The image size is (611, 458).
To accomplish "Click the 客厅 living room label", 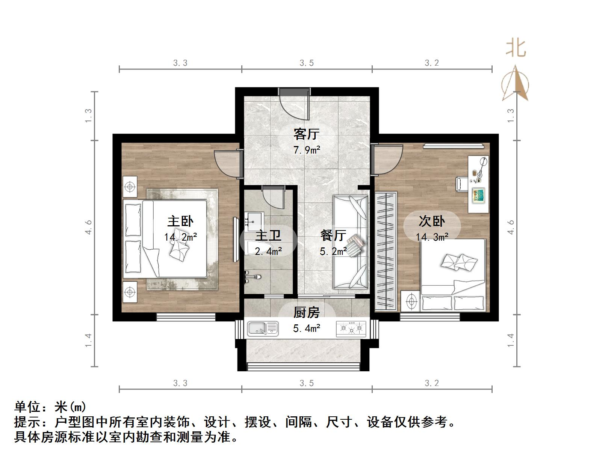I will click(306, 133).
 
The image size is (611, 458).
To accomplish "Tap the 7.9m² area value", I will click(306, 151).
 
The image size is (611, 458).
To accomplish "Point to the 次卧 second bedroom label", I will click(432, 221).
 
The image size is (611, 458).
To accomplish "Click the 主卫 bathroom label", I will click(268, 235).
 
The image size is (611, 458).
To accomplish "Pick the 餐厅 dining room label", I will click(333, 235).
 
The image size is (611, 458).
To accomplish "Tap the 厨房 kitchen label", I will click(306, 312).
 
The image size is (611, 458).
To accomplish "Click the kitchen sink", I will click(263, 328).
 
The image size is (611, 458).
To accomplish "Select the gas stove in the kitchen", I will click(351, 328).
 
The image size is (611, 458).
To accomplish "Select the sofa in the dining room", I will click(350, 242).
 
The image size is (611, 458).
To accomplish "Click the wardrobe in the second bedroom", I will click(386, 251).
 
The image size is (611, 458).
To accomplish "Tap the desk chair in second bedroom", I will click(461, 184).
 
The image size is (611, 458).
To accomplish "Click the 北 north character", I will click(516, 48).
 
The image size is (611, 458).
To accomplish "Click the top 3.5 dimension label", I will click(306, 63).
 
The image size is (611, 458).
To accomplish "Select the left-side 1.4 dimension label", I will click(88, 340).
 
